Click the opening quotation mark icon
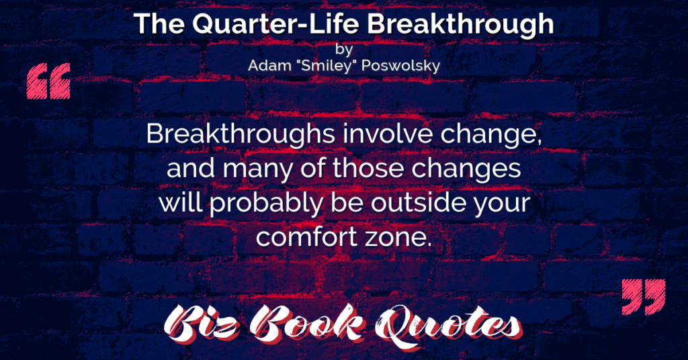[x=48, y=81]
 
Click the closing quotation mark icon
[x=644, y=297]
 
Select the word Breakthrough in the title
[x=460, y=25]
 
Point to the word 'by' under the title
[x=344, y=49]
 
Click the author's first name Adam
[x=269, y=66]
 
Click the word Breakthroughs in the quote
[x=241, y=134]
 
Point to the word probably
[x=265, y=204]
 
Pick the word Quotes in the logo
[x=448, y=324]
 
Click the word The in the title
[x=159, y=24]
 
